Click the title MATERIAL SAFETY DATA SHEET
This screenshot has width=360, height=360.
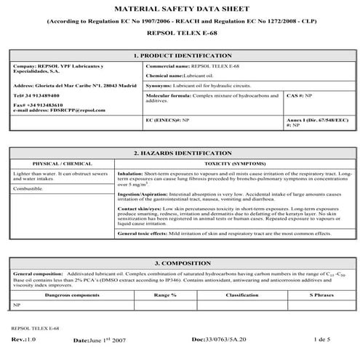coord(179,9)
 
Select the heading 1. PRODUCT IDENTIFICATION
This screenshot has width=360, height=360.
coord(180,55)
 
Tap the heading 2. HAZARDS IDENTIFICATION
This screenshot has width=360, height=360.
coord(180,153)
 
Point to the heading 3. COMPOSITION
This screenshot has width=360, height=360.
coord(180,263)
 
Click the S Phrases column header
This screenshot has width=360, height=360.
coord(321,295)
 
